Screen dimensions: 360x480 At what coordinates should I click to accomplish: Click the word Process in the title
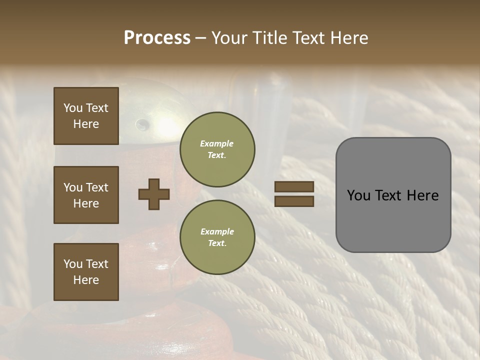point(157,38)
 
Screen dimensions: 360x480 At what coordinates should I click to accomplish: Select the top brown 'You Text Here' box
point(86,116)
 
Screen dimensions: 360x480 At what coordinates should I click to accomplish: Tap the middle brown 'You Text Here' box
point(86,195)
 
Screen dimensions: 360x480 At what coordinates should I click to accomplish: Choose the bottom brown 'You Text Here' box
point(86,272)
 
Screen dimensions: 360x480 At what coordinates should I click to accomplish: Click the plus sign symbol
point(154,194)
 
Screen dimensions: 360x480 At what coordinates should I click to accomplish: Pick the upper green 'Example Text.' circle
point(217,149)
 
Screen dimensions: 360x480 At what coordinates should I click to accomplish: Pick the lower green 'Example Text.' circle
point(217,237)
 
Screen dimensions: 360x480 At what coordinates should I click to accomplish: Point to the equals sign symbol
point(294,194)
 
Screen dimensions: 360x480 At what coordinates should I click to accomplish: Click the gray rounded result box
point(393,195)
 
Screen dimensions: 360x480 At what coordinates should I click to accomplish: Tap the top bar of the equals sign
point(294,186)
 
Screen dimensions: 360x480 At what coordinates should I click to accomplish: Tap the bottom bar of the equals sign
point(294,201)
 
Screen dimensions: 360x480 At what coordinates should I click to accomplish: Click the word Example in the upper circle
point(217,143)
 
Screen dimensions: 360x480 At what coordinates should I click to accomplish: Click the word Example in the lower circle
point(217,231)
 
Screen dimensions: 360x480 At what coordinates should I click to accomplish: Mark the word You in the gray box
point(359,195)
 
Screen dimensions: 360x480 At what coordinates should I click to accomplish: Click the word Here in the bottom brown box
point(86,280)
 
